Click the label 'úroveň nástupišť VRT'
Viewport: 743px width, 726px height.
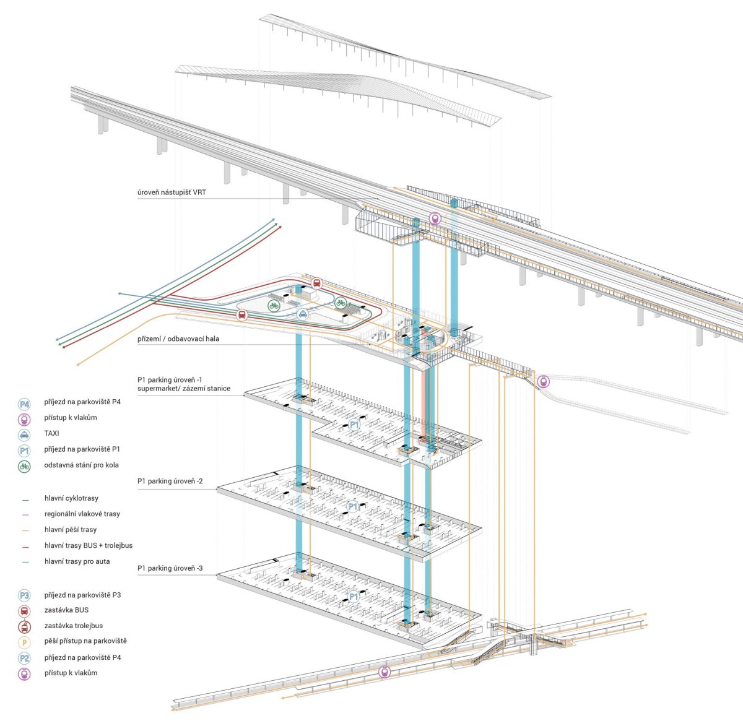click(172, 192)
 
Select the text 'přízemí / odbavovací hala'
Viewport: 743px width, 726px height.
click(178, 339)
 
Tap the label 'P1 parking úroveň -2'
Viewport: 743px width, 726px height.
click(170, 482)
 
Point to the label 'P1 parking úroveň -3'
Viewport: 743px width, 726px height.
click(170, 568)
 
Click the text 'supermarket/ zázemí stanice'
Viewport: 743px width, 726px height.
click(184, 389)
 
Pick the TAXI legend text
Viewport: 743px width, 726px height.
click(51, 433)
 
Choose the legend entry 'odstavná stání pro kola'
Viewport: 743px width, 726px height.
click(81, 465)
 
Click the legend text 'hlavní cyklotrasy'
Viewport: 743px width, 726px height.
click(71, 498)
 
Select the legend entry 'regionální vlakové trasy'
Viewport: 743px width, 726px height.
click(82, 514)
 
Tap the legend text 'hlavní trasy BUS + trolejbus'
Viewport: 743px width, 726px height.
click(89, 545)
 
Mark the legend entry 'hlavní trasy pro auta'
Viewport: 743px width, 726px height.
click(77, 561)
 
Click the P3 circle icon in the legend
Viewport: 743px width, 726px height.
click(24, 595)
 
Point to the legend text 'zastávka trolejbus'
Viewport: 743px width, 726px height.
click(74, 626)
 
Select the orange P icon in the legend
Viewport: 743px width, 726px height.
click(24, 643)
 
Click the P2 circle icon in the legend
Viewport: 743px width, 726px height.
click(24, 658)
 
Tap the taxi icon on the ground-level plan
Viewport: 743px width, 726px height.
click(303, 314)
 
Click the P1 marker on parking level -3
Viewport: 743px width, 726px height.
click(354, 597)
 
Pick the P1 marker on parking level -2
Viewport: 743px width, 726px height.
click(353, 506)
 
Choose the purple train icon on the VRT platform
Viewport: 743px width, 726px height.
click(435, 218)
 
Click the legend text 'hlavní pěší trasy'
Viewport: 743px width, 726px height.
click(71, 530)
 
